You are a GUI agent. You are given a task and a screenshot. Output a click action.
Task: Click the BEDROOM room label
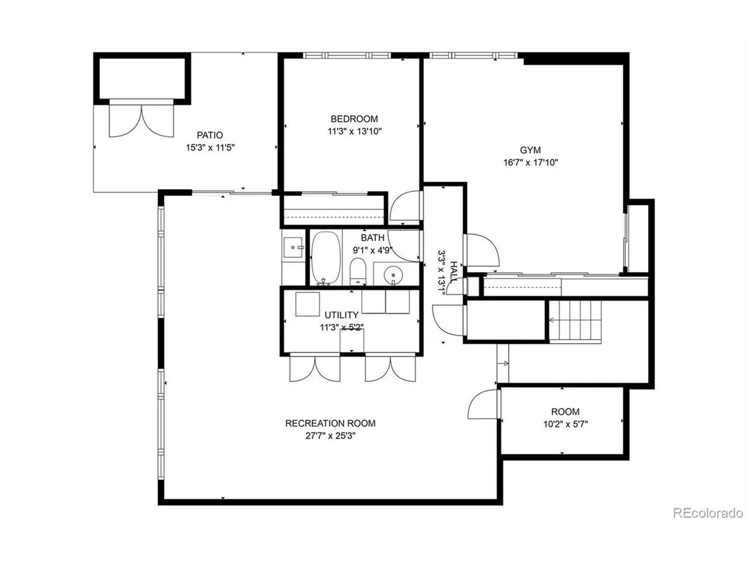pos(354,119)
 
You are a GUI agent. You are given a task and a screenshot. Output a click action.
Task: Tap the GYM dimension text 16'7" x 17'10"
pos(530,162)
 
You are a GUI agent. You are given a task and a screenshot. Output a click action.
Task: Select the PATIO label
pos(210,135)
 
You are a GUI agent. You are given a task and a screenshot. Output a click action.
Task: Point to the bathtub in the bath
pos(326,258)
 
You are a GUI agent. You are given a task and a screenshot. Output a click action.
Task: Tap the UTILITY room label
pos(342,315)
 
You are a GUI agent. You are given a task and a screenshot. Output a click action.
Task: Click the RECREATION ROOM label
pos(330,423)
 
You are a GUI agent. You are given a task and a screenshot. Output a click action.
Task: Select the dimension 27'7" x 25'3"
pos(330,435)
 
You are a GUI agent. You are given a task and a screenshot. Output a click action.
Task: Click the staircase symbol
pos(575,319)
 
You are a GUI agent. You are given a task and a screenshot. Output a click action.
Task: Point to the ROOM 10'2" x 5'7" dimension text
pos(565,424)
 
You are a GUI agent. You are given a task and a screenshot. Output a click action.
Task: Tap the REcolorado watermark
pos(708,513)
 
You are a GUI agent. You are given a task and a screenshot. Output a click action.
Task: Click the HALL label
pos(454,272)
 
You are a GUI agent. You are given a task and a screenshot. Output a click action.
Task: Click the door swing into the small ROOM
pos(483,404)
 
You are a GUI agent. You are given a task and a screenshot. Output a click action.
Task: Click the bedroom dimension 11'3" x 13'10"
pos(354,131)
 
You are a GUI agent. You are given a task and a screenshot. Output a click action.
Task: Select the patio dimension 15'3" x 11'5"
pos(210,147)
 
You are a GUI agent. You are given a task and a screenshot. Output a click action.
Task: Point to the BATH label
pos(373,238)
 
